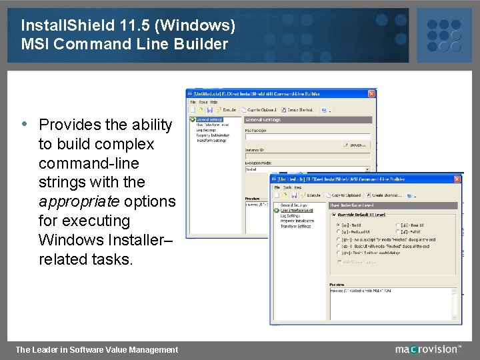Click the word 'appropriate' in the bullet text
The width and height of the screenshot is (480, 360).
[x=74, y=201]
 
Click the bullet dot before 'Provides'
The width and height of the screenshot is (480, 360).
[x=24, y=124]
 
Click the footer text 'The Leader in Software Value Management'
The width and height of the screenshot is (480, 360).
[x=97, y=349]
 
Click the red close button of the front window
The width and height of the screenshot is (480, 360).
[x=457, y=179]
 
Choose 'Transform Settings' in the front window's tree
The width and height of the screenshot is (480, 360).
[x=295, y=226]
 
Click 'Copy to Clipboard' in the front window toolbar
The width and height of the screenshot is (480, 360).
[x=345, y=195]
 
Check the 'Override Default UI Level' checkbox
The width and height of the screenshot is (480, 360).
[x=334, y=215]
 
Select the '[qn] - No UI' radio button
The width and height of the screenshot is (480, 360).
[x=339, y=225]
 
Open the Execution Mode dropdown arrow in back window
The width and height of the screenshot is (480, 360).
[x=367, y=170]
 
